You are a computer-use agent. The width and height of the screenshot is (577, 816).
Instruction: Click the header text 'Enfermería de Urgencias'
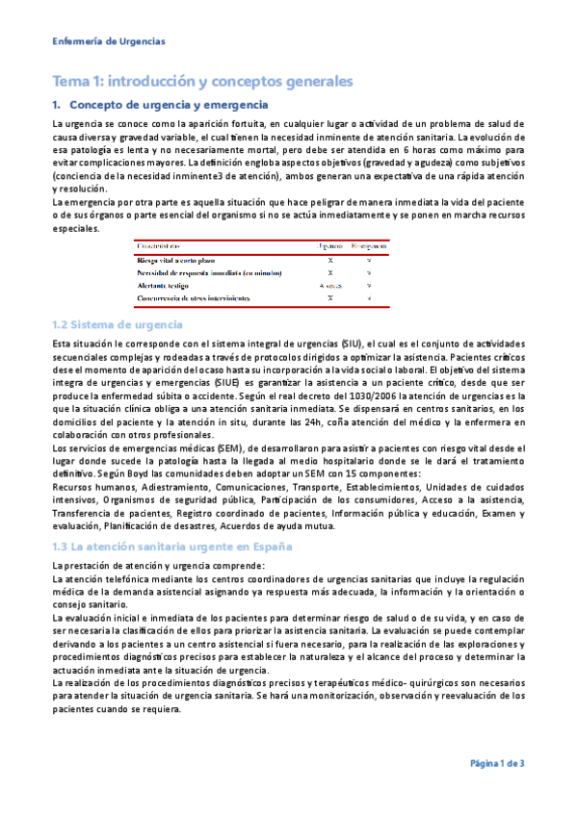click(x=108, y=41)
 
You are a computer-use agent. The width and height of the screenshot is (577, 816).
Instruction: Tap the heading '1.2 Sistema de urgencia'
click(x=111, y=325)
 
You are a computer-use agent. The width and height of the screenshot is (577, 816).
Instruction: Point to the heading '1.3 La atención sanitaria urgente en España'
click(x=160, y=546)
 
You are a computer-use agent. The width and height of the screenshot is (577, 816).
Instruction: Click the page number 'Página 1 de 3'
click(x=497, y=763)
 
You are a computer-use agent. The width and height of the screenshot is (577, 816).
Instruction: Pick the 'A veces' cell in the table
click(x=330, y=286)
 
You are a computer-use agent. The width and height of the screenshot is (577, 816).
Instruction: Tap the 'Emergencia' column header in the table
click(x=369, y=247)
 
